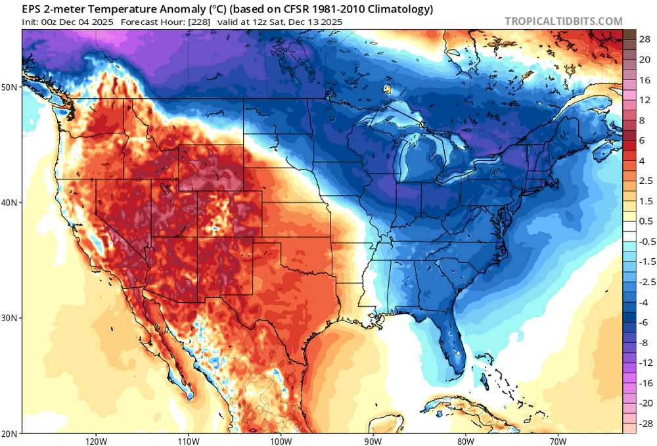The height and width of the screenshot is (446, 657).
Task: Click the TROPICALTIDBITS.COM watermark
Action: click(x=564, y=21)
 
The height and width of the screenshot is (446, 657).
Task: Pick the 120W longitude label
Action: click(x=96, y=441)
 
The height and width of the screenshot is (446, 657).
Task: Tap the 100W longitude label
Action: click(x=281, y=441)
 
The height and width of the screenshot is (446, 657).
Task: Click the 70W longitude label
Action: click(x=558, y=441)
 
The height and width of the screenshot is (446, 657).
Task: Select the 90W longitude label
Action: click(x=373, y=441)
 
